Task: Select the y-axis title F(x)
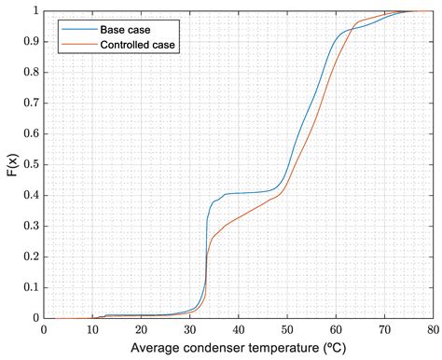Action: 11,164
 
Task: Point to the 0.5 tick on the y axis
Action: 30,164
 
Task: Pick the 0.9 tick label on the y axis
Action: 30,42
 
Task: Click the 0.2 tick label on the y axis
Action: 30,256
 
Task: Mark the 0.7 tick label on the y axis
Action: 30,103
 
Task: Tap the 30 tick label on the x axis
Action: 189,329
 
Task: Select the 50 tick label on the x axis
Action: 286,329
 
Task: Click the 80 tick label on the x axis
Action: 431,329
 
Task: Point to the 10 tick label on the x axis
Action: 92,329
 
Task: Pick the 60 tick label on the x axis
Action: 335,329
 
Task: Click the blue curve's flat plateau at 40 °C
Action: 238,193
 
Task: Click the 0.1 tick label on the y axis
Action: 30,287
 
